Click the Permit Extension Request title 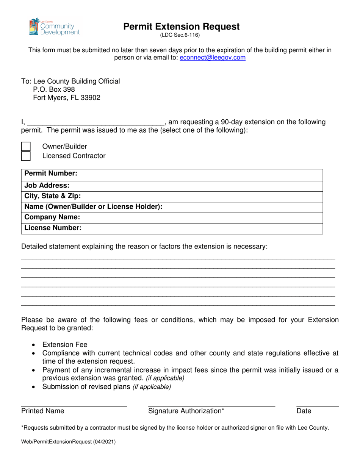tap(182, 27)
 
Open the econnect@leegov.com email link tap(213, 58)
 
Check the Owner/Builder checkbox tap(26, 147)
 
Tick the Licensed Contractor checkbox tap(26, 156)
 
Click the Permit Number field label tap(51, 174)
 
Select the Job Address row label tap(47, 186)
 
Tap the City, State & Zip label tap(53, 196)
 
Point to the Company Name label tap(52, 217)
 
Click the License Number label tap(53, 228)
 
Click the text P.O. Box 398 tap(54, 89)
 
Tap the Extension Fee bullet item tap(65, 345)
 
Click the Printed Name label tap(43, 411)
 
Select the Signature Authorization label tap(186, 411)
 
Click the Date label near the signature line tap(304, 411)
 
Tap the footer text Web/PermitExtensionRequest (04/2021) tap(69, 441)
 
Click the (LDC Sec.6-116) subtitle tap(180, 36)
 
